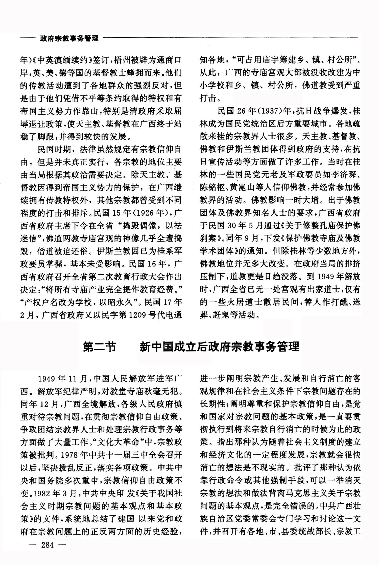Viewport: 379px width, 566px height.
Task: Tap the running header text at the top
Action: tap(69, 38)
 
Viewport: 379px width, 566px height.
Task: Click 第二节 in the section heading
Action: tap(100, 347)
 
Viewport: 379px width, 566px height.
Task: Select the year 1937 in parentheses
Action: tap(268, 111)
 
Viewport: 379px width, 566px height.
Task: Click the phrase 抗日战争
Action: tap(313, 111)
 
